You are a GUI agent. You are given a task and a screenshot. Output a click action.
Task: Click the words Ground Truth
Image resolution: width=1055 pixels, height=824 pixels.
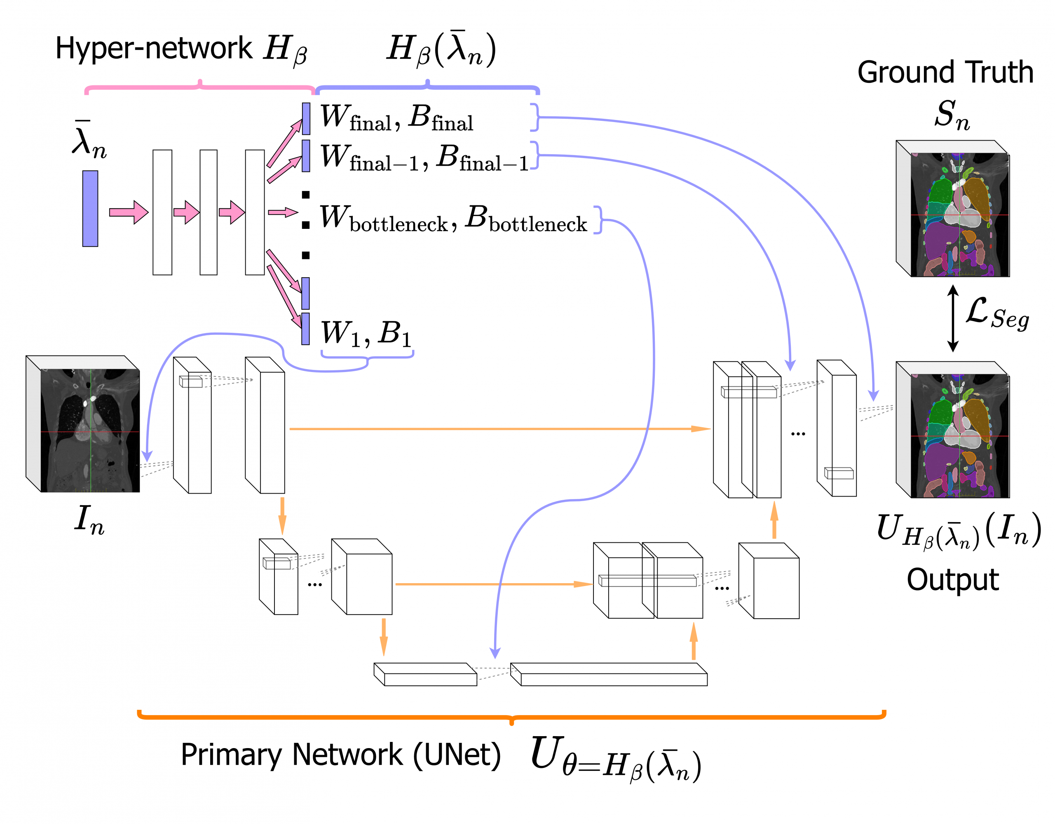point(945,73)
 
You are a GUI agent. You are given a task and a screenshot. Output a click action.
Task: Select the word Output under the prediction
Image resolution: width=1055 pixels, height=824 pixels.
point(952,579)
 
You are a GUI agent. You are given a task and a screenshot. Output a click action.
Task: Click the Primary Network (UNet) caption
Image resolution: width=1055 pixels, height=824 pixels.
point(340,754)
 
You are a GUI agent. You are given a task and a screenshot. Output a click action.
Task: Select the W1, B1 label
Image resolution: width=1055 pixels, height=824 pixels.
point(366,334)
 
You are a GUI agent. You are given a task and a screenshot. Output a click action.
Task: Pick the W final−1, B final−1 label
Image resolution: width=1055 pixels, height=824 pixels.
point(424,158)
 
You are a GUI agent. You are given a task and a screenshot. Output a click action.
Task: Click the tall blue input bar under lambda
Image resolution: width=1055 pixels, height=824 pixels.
point(90,208)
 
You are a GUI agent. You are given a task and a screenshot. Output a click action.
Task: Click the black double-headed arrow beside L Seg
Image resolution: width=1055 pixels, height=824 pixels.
point(953,318)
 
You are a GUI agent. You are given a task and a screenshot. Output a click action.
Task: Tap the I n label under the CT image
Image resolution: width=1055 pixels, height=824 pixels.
point(89,520)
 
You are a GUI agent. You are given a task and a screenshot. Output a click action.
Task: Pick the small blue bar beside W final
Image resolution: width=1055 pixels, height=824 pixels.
point(306,118)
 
